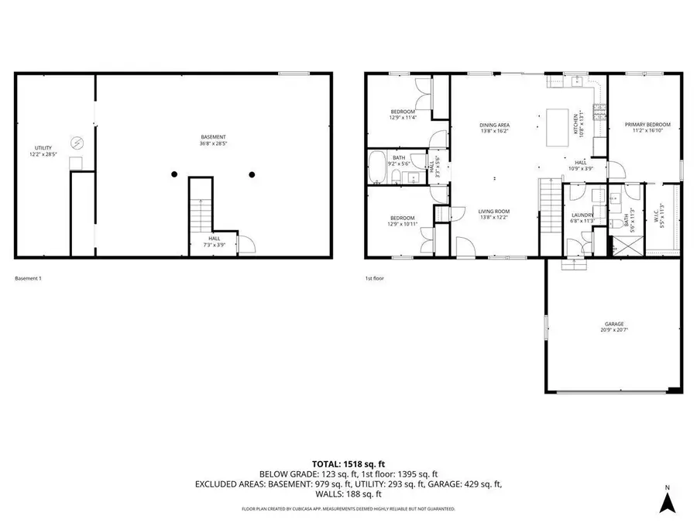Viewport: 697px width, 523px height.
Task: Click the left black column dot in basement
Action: click(175, 174)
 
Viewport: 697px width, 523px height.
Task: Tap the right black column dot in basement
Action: click(252, 174)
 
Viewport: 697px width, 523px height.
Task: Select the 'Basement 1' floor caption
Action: click(29, 278)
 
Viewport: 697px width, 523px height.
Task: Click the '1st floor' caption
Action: click(375, 278)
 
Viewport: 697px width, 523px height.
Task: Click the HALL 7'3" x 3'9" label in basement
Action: click(214, 242)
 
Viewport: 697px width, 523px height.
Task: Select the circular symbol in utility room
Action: click(77, 143)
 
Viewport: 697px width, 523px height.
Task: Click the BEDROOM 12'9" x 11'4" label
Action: click(403, 115)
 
